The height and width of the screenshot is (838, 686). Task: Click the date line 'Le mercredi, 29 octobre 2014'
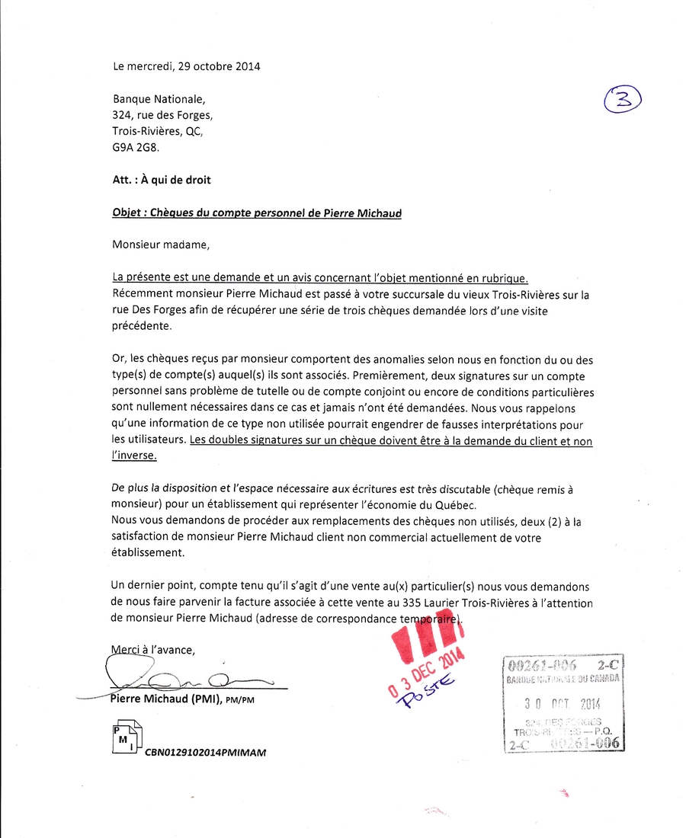tap(186, 66)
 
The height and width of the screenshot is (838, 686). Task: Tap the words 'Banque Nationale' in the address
tap(158, 99)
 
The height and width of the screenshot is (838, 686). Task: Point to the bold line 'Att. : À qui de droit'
tap(161, 181)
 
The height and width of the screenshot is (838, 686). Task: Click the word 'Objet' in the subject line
tap(127, 213)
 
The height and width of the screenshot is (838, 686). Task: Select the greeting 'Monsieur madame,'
tap(159, 245)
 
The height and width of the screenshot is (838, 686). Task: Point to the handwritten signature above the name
tap(183, 675)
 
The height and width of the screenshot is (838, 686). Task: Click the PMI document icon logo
tap(126, 737)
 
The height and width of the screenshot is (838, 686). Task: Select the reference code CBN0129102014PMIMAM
tap(205, 752)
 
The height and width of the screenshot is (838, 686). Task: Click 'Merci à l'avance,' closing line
tap(153, 650)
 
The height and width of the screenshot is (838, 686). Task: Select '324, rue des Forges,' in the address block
tap(162, 116)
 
